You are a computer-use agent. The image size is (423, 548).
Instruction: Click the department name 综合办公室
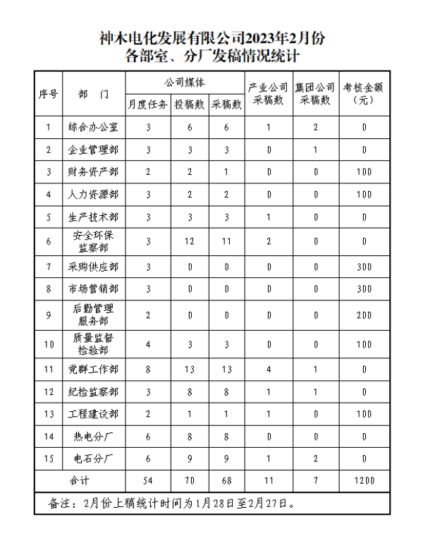93,128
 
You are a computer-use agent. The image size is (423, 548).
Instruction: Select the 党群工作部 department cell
93,369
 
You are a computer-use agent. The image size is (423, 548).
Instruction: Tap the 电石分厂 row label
93,458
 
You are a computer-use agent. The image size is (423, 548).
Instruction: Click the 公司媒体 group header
185,83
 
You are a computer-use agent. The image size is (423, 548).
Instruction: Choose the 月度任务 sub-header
148,104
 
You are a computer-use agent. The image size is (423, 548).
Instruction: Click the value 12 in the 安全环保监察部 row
190,241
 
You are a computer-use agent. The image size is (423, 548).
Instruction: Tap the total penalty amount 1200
364,481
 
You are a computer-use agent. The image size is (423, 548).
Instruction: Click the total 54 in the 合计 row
148,481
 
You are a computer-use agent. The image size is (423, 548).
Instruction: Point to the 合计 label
80,481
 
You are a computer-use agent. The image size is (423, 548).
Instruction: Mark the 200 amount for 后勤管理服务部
364,315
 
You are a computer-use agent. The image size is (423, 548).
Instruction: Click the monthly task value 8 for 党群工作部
148,369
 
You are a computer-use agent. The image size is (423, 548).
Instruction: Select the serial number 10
48,345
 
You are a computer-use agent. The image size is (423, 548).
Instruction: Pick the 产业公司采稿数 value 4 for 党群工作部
269,369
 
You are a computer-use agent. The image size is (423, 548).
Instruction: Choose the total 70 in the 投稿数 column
190,481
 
